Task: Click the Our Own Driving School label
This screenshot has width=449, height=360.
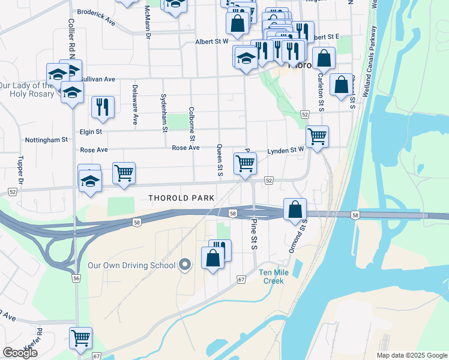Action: pyautogui.click(x=131, y=265)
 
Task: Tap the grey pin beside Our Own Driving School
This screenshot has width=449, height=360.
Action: pyautogui.click(x=185, y=265)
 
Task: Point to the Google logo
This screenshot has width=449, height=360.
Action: pyautogui.click(x=20, y=353)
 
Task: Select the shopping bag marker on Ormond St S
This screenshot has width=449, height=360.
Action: pyautogui.click(x=295, y=209)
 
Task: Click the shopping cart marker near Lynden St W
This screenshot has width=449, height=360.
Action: pyautogui.click(x=316, y=136)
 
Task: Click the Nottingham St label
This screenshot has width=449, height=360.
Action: pyautogui.click(x=46, y=140)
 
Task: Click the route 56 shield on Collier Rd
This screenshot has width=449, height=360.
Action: pyautogui.click(x=76, y=278)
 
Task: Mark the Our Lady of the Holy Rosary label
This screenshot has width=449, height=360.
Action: pyautogui.click(x=27, y=89)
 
